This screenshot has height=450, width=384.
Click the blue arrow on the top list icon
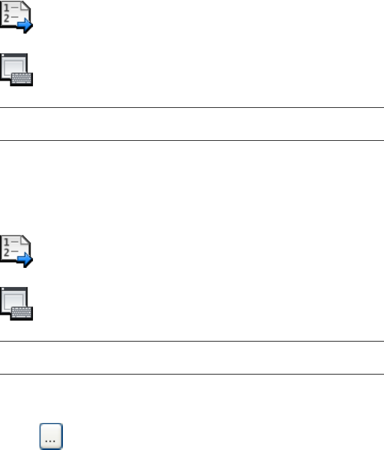tap(25, 25)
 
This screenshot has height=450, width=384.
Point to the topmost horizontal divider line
tap(192, 108)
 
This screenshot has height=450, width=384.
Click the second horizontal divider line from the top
tap(192, 141)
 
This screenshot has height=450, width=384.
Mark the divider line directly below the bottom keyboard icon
tap(192, 342)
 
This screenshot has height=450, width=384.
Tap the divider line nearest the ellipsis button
tap(192, 375)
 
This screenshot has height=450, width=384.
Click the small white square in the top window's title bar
tap(4, 56)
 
